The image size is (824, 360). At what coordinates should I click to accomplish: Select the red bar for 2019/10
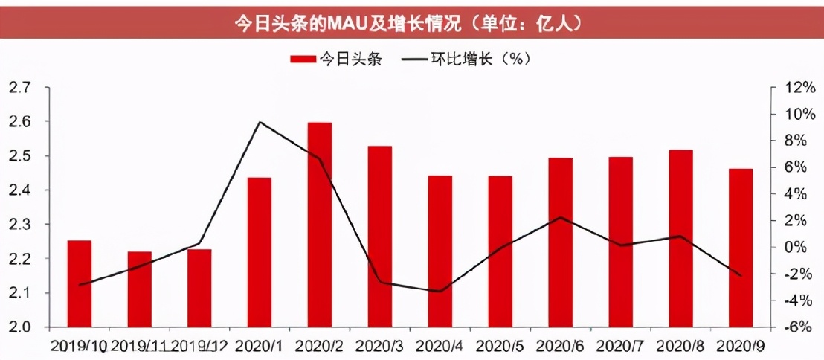pyautogui.click(x=80, y=283)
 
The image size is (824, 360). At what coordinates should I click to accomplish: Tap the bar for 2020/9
pyautogui.click(x=741, y=248)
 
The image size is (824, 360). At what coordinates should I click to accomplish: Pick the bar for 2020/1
pyautogui.click(x=260, y=252)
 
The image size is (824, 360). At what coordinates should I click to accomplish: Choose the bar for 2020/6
pyautogui.click(x=561, y=242)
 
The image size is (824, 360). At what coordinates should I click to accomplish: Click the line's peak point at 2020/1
pyautogui.click(x=260, y=122)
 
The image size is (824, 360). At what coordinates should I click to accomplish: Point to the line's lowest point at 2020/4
pyautogui.click(x=440, y=291)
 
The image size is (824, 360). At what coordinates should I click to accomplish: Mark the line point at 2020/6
pyautogui.click(x=561, y=217)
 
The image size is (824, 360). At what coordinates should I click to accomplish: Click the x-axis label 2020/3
pyautogui.click(x=380, y=346)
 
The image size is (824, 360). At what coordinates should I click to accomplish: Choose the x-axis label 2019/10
pyautogui.click(x=79, y=346)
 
